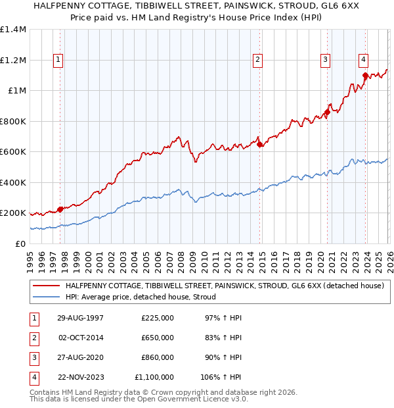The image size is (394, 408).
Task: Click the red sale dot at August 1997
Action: [x=60, y=209]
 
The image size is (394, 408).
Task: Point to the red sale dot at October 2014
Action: [x=259, y=144]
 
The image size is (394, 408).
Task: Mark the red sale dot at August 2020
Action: [x=327, y=113]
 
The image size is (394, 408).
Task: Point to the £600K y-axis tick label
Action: [x=12, y=152]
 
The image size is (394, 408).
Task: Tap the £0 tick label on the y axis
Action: [x=20, y=244]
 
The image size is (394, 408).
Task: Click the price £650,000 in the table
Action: [x=158, y=338]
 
